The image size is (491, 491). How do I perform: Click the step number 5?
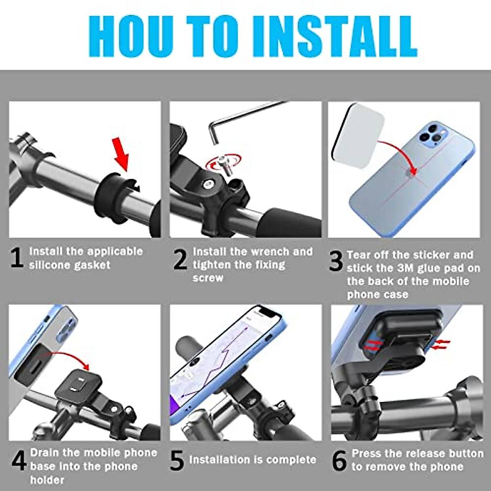point(177,460)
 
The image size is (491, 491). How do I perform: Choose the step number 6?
point(339,460)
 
